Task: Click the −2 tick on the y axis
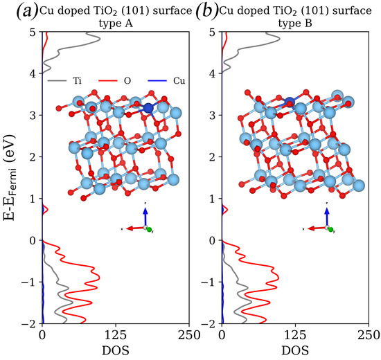(x=28, y=324)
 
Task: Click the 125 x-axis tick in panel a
(x=115, y=334)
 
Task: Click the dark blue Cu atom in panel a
(x=148, y=108)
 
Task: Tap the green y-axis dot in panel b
(x=330, y=229)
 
